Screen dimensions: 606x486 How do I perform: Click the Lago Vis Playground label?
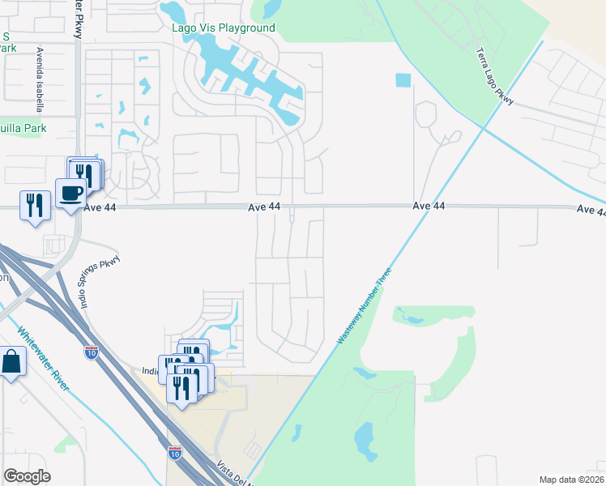[x=224, y=28]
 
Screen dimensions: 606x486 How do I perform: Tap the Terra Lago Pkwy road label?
[x=494, y=77]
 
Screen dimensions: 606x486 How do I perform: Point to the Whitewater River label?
[x=45, y=359]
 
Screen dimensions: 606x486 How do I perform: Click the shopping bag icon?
[x=12, y=363]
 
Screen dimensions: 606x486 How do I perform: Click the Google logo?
[x=27, y=476]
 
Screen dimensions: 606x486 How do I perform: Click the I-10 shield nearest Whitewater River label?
[x=91, y=352]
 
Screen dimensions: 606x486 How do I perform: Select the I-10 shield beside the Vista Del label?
[x=175, y=453]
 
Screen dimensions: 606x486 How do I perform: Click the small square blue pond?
[x=403, y=80]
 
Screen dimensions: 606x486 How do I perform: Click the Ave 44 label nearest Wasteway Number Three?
[x=429, y=207]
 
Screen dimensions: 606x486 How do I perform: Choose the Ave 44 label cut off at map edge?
[x=591, y=210]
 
